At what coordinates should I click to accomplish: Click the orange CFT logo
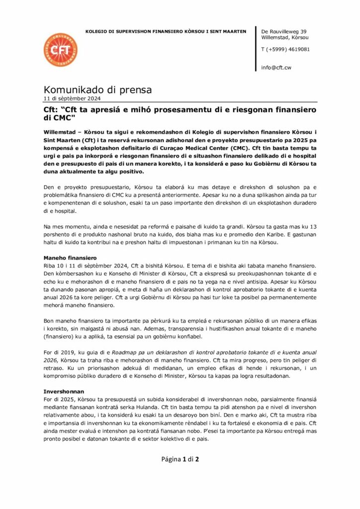[x=61, y=51]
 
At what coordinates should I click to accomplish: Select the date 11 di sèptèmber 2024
[x=72, y=98]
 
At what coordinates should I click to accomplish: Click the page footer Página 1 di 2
[x=180, y=459]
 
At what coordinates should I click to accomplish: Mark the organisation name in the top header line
[x=166, y=31]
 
